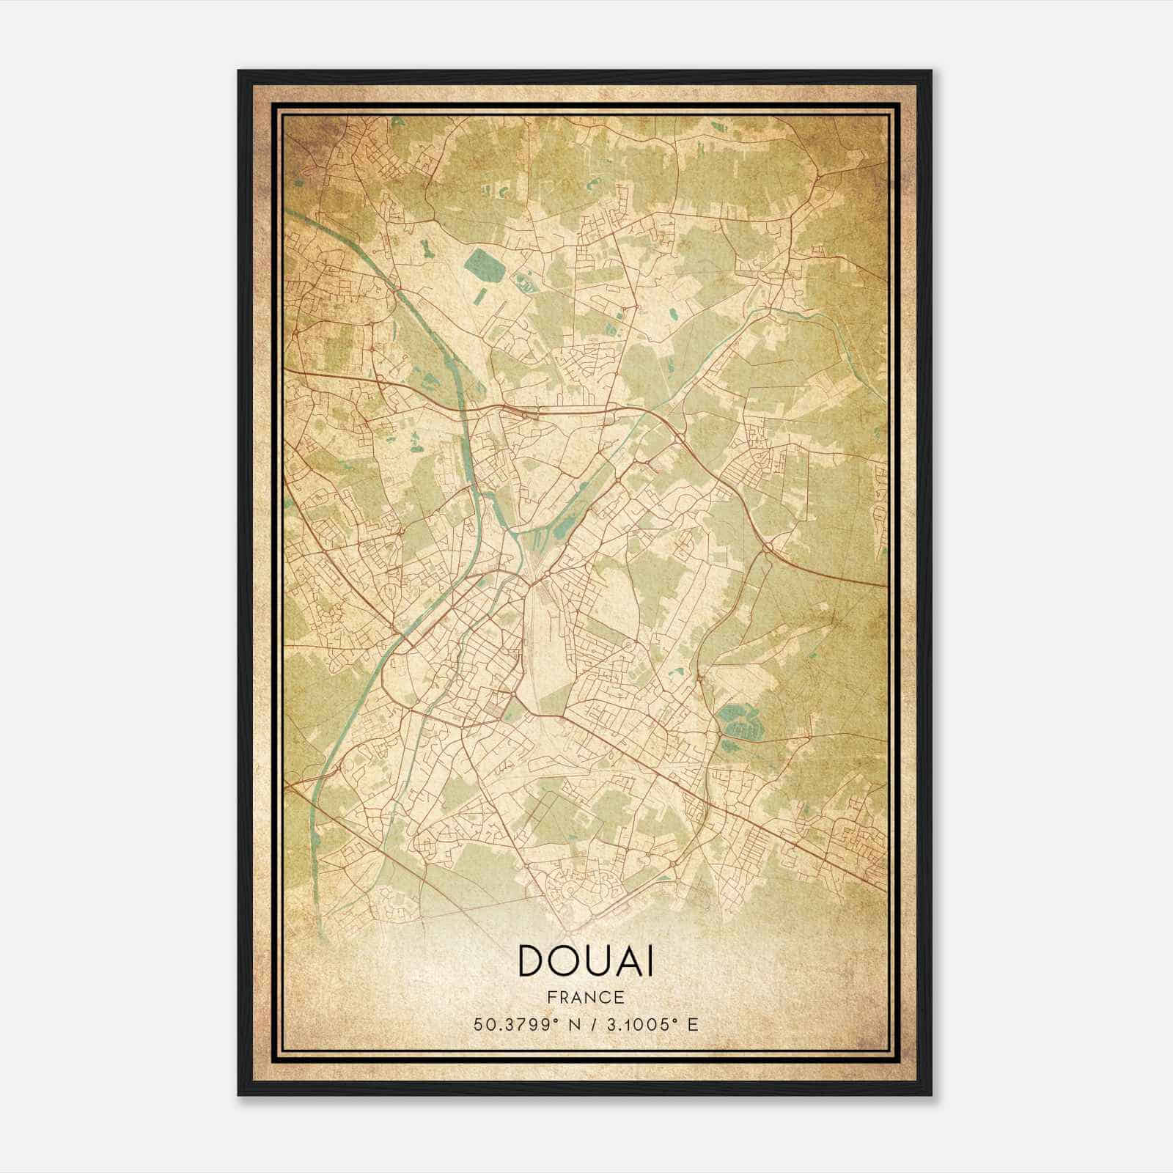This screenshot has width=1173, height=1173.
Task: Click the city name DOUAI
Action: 586,960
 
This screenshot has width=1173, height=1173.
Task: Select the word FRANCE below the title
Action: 586,997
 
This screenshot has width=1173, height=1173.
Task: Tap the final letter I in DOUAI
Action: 650,960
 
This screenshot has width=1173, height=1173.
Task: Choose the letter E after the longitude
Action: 693,1024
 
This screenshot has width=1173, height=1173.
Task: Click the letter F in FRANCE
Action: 551,997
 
